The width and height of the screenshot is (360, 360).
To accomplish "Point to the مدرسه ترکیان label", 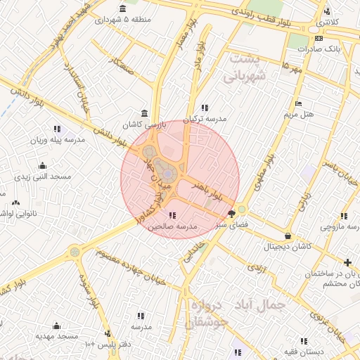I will (206, 119).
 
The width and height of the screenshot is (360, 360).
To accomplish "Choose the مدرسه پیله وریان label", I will (56, 140).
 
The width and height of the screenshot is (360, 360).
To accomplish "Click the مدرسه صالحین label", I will (171, 227).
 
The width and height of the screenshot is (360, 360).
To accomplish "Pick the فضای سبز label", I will (231, 224).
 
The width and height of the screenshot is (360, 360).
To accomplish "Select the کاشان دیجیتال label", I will (287, 247).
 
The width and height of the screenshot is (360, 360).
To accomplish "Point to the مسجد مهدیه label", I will (57, 337).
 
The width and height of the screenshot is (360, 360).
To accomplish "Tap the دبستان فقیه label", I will (304, 350).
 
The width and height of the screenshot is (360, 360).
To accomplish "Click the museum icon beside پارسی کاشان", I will (144, 114).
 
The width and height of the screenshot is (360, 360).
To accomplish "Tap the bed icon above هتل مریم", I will (299, 103).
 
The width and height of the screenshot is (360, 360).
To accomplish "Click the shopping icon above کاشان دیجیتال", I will (287, 236).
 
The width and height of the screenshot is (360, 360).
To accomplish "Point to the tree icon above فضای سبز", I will (231, 214).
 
